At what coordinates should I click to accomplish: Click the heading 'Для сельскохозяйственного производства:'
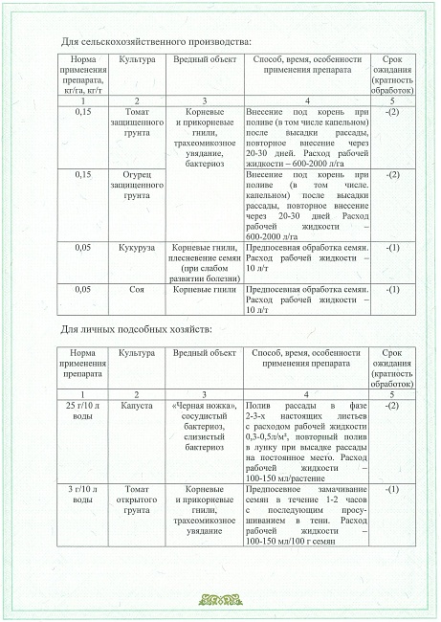[x=156, y=43]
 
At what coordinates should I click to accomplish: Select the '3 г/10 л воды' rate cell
[x=82, y=497]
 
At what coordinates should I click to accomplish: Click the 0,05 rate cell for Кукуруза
[x=83, y=247]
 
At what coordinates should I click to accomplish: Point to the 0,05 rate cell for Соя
[x=83, y=288]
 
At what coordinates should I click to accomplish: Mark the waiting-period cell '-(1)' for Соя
[x=392, y=288]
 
